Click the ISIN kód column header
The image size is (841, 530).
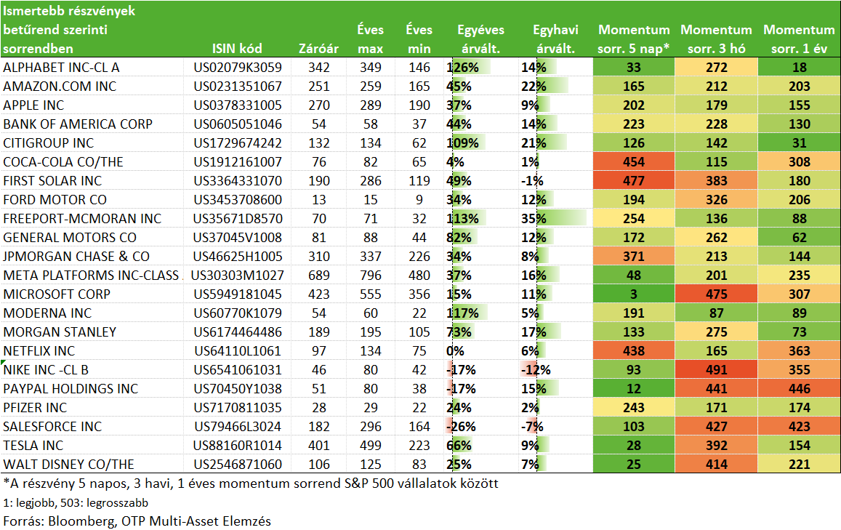(237, 48)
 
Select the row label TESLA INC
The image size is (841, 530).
(33, 445)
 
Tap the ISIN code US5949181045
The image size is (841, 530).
(238, 294)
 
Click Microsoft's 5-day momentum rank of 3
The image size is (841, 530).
(633, 294)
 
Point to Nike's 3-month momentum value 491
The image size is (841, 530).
(716, 369)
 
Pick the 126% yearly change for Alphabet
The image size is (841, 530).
(462, 67)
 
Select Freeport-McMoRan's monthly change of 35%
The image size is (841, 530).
(534, 218)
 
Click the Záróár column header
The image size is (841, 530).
(318, 48)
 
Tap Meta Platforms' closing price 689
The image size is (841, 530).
(318, 276)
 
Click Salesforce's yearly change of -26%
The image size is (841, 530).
(461, 427)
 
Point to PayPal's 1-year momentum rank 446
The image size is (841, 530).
(799, 388)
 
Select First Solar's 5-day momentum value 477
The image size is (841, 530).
(633, 181)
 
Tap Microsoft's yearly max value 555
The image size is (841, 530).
(371, 294)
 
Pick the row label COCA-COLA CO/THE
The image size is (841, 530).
(63, 162)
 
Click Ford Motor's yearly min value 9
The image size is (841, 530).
(419, 199)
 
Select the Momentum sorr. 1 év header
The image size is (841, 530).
(799, 39)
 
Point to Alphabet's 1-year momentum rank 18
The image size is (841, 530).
(799, 67)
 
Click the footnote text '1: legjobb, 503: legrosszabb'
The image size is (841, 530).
(76, 502)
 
